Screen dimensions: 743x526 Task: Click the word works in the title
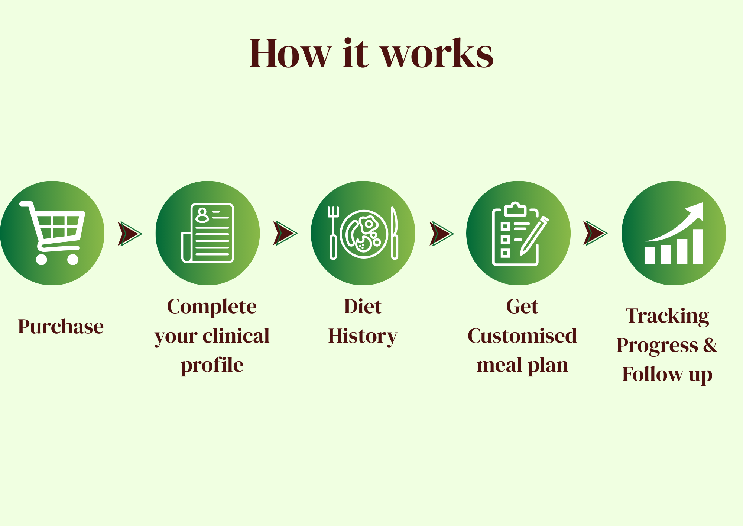tap(437, 54)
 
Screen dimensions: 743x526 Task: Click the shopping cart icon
tap(52, 233)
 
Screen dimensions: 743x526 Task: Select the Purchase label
tap(61, 327)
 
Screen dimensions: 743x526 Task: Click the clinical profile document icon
tap(208, 233)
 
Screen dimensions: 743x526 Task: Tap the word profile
tap(212, 365)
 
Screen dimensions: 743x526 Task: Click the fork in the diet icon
tap(333, 233)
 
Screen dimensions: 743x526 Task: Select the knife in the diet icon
tap(395, 233)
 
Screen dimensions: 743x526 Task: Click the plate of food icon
tap(364, 234)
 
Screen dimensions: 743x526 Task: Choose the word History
tap(363, 336)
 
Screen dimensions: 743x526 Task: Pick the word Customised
tap(522, 336)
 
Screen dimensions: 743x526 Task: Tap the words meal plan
tap(522, 365)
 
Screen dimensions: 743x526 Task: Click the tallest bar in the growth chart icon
tap(698, 247)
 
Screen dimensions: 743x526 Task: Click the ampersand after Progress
tap(710, 345)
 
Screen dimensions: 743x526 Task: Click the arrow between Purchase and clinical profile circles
tap(130, 234)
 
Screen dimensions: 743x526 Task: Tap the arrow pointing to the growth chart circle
tap(595, 233)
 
